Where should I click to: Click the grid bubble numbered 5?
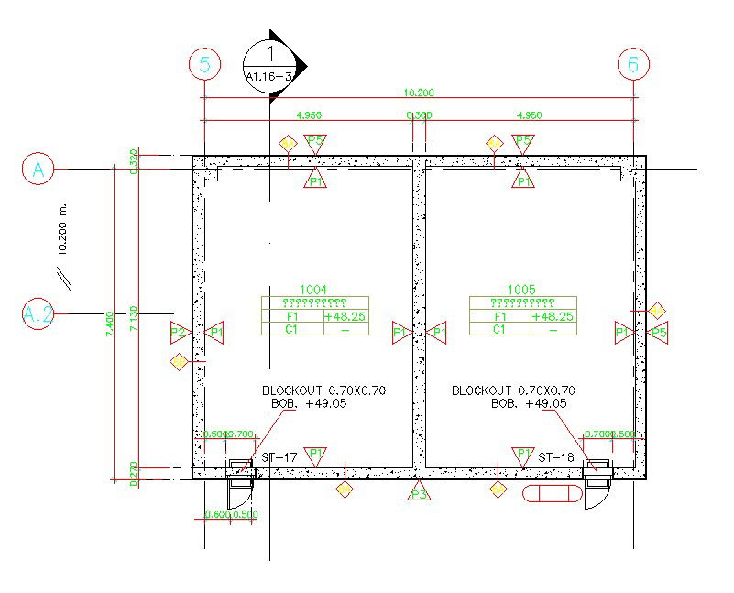(x=204, y=64)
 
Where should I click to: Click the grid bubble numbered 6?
(x=633, y=64)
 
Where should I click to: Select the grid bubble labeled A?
(x=38, y=169)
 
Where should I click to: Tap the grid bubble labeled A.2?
(x=38, y=314)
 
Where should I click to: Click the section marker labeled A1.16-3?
(x=271, y=65)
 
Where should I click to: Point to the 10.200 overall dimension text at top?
(x=419, y=93)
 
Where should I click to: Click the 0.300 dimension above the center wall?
(x=419, y=115)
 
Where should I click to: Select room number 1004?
(x=313, y=288)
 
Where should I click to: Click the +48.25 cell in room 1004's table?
(x=345, y=316)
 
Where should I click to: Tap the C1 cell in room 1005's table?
(x=499, y=329)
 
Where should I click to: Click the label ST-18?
(x=555, y=456)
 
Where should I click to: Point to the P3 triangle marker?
(x=419, y=493)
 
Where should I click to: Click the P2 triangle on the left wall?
(x=180, y=332)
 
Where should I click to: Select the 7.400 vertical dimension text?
(x=109, y=322)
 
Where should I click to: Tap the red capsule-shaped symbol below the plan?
(x=552, y=494)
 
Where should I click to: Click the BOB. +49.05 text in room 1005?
(x=529, y=403)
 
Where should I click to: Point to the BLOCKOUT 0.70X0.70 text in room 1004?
(x=323, y=390)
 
